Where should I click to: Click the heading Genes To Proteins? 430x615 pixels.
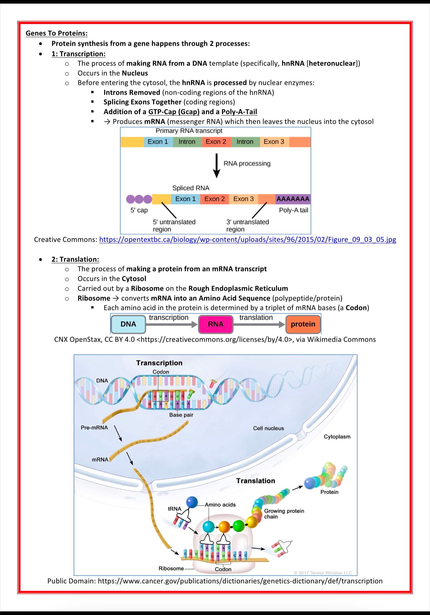point(56,33)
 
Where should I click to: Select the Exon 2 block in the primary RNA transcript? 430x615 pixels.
point(216,142)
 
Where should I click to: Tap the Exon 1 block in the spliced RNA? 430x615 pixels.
point(186,199)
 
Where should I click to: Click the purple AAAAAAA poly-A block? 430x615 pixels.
point(293,199)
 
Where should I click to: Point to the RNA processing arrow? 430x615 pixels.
point(217,165)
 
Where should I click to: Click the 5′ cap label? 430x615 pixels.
point(139,210)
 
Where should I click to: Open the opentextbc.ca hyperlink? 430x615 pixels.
point(247,240)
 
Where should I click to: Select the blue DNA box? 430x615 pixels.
point(128,324)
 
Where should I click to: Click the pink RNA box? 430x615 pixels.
point(216,324)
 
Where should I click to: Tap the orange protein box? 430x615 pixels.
point(303,324)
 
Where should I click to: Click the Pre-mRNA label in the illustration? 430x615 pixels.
point(94,428)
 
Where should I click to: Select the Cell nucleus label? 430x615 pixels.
point(268,428)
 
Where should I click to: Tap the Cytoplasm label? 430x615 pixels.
point(337,437)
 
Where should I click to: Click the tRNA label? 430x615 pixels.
point(175,509)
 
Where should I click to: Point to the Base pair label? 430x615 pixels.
point(181,415)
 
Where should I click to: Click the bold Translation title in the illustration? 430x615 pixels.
point(255,481)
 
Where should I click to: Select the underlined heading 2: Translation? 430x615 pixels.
point(75,259)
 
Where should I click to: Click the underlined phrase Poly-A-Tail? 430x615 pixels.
point(239,112)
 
